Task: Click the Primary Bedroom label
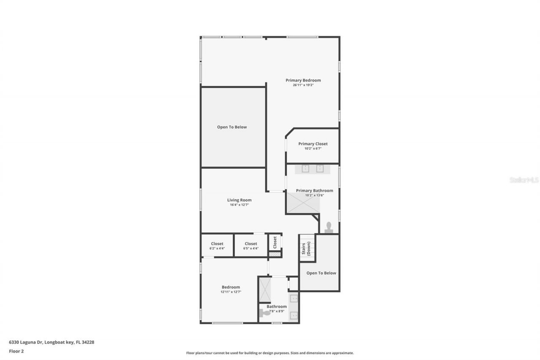click(303, 80)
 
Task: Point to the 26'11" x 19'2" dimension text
click(303, 85)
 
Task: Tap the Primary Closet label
click(313, 144)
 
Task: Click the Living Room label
click(239, 200)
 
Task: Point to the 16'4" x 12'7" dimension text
click(239, 205)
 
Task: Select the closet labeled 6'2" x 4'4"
click(217, 246)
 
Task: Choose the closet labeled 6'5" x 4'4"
click(251, 246)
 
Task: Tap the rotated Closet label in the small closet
click(275, 242)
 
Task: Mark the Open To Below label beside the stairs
click(321, 273)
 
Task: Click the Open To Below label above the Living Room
click(232, 127)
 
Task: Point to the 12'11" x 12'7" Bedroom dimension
click(231, 292)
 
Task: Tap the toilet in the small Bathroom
click(265, 313)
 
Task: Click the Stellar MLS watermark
click(524, 180)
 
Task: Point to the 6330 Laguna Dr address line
click(51, 342)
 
